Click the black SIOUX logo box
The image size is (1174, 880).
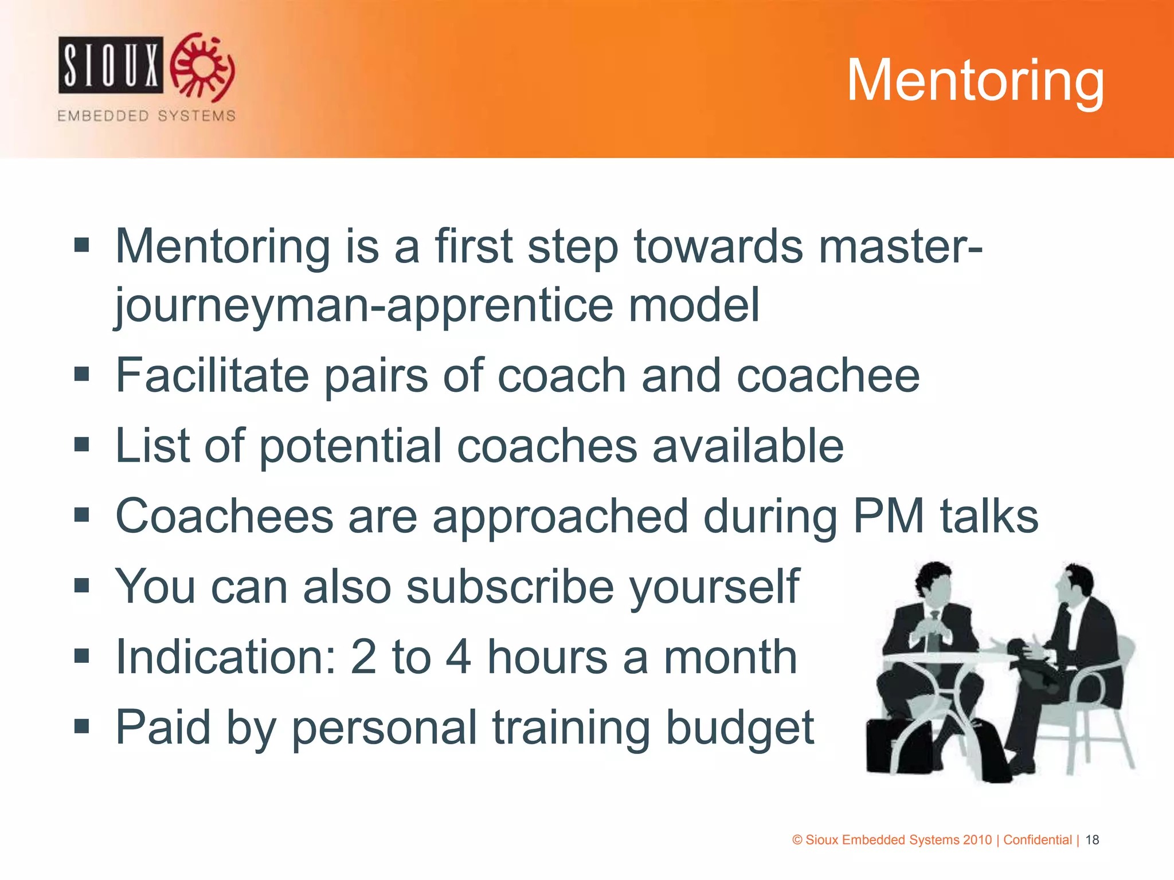tap(111, 65)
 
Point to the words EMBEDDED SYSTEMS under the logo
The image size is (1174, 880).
tap(146, 116)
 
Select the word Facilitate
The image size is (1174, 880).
tap(212, 375)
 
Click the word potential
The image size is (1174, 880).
tap(350, 446)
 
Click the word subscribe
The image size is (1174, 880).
tap(510, 587)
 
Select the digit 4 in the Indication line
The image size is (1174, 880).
tap(458, 657)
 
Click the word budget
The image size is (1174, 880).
tap(739, 728)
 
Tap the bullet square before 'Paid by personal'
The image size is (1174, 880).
tap(82, 726)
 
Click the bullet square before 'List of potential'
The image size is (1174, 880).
tap(82, 445)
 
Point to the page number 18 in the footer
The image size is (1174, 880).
tap(1092, 840)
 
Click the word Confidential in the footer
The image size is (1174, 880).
tap(1037, 840)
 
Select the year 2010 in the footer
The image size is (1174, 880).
tap(977, 840)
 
